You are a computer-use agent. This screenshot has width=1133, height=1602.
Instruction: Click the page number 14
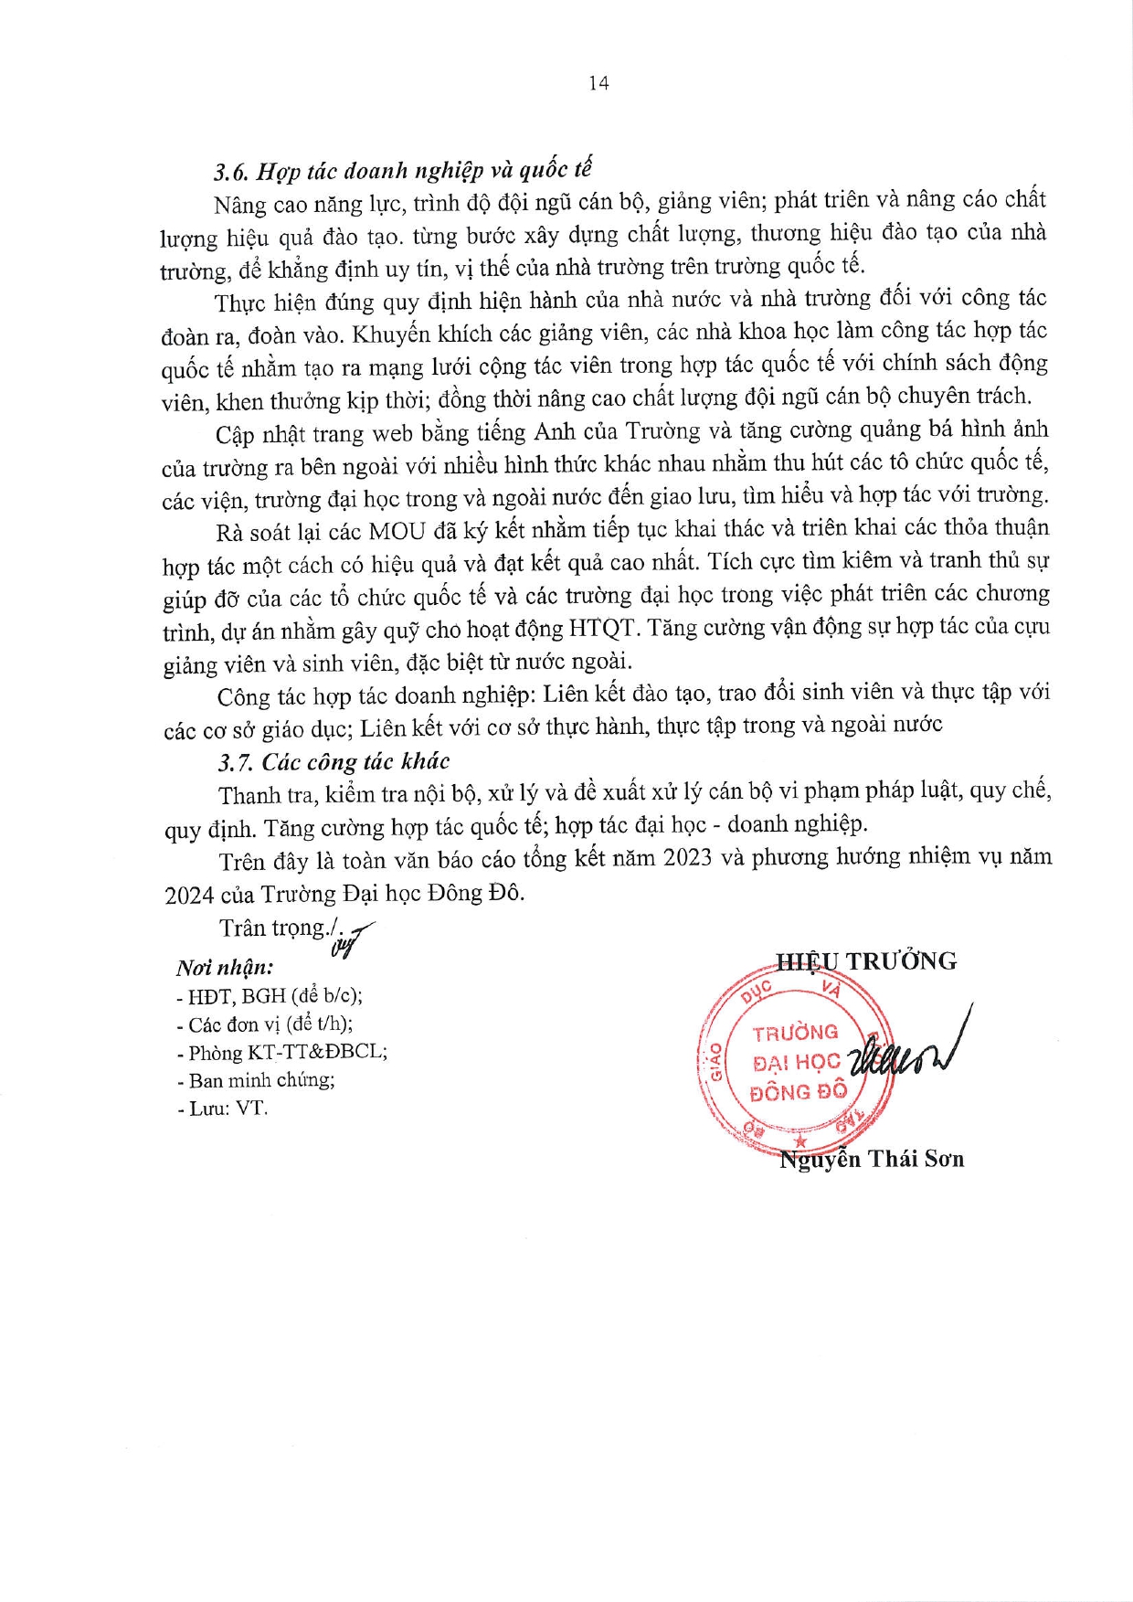(x=598, y=83)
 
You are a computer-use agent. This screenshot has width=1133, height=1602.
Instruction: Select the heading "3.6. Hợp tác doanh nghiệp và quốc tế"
(x=403, y=171)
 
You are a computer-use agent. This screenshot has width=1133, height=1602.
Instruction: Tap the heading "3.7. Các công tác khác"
(x=334, y=761)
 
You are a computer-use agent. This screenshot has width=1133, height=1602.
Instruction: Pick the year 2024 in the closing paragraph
(x=189, y=895)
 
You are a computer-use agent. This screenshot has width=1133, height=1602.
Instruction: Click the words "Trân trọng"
(x=272, y=928)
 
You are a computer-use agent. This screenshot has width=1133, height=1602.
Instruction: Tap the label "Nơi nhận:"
(x=225, y=967)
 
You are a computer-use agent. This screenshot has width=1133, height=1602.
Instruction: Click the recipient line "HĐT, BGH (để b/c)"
(x=270, y=996)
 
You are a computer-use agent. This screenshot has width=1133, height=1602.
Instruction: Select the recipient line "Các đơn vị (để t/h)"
(x=266, y=1024)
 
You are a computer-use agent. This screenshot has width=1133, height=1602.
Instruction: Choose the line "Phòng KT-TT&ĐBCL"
(x=283, y=1052)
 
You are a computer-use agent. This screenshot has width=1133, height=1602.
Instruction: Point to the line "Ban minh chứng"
(x=257, y=1080)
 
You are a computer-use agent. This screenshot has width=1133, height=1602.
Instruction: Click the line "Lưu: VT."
(x=223, y=1109)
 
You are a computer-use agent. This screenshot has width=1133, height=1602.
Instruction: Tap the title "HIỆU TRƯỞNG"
(x=865, y=961)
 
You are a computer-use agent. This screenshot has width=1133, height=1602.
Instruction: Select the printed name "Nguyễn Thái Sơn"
(x=872, y=1160)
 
